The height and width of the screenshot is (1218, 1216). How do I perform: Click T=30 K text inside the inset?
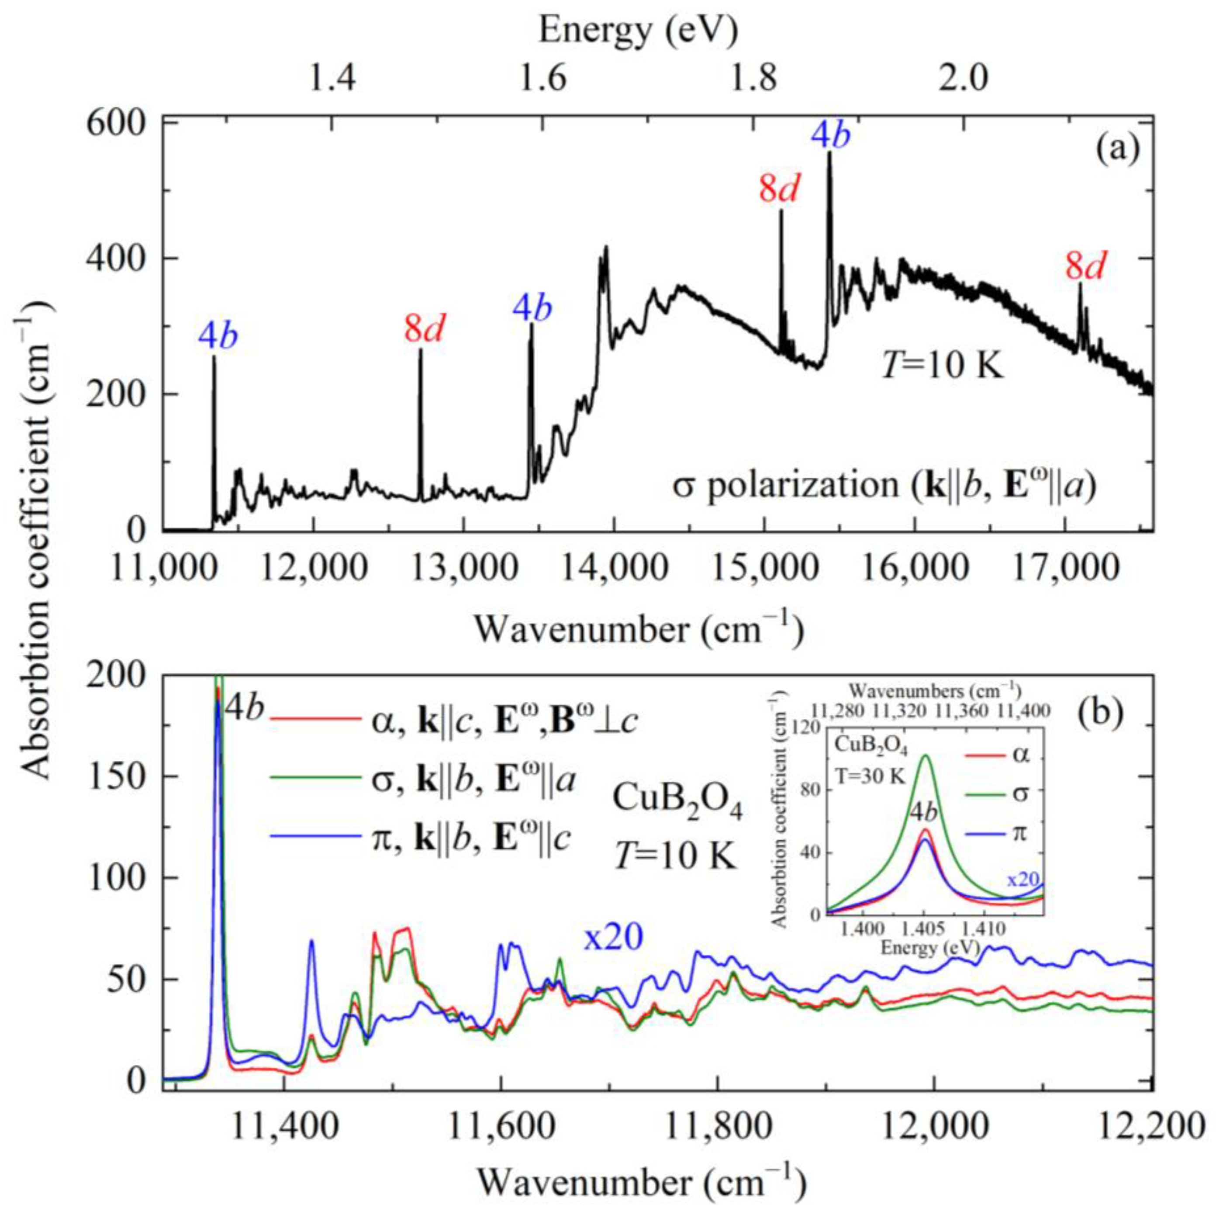click(871, 776)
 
